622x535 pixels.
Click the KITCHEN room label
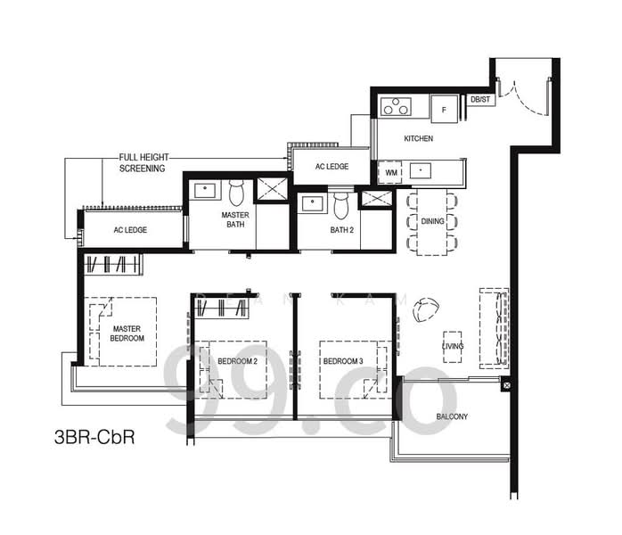coord(419,138)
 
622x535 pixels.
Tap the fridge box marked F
coord(445,109)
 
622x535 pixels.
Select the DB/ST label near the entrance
coord(480,100)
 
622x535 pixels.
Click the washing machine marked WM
coord(391,173)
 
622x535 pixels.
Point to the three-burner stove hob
coord(396,106)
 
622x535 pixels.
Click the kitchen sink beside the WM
coord(421,171)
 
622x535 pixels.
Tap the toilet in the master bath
coord(236,193)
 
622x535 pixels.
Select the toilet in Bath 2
coord(340,206)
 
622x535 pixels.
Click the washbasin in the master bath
coord(205,191)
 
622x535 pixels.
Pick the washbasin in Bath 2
coord(313,203)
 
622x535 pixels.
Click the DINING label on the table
coord(432,221)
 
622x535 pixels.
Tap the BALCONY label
coord(452,416)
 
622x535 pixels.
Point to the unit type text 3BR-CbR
coord(94,437)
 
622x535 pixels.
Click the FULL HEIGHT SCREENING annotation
coord(143,162)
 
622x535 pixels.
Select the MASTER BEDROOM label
coord(127,333)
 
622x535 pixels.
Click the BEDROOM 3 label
coord(343,361)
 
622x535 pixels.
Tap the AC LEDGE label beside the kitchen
coord(332,167)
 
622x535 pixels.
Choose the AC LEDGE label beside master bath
coord(130,230)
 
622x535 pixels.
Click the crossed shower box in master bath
coord(272,189)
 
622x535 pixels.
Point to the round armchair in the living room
coord(426,310)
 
